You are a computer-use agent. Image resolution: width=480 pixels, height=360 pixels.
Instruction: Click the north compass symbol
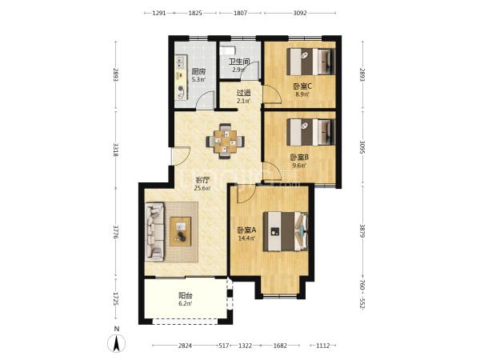116,343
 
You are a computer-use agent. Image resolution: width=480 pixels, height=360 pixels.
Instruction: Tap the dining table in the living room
226,141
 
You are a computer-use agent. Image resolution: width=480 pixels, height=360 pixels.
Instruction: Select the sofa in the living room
155,232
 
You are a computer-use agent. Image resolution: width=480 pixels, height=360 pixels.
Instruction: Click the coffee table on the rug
181,231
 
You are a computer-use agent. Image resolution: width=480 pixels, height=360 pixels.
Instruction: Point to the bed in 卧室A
286,231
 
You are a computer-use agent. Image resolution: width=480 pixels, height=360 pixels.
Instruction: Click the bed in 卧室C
310,62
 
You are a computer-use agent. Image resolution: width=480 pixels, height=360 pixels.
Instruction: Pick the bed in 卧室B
310,132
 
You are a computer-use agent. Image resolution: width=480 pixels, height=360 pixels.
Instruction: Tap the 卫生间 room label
239,62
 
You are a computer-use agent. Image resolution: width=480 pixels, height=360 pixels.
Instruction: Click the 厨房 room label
198,72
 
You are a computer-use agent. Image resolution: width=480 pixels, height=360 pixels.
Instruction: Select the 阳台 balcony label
186,296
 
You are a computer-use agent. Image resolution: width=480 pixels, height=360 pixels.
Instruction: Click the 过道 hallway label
244,93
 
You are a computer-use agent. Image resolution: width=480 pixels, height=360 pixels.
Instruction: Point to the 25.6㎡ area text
202,188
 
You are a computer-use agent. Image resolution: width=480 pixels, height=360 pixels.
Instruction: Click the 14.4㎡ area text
246,238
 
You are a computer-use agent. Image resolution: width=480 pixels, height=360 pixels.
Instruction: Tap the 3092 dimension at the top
300,13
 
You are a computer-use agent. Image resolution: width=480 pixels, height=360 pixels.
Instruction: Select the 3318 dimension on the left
116,150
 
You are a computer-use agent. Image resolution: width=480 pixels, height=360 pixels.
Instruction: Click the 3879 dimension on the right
362,232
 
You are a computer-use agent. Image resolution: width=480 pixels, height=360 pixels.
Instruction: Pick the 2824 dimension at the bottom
185,346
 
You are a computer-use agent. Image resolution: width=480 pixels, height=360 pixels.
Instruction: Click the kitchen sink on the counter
179,63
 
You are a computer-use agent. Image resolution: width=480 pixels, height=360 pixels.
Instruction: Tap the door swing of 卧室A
246,194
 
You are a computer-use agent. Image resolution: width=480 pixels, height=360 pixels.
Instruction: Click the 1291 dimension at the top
159,13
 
